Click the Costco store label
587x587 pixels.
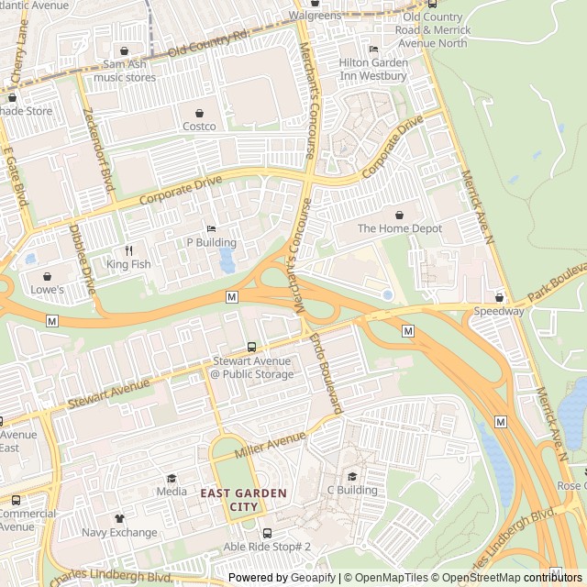tap(199, 127)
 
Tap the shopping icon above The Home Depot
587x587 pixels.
tap(400, 215)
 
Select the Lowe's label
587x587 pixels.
tap(47, 290)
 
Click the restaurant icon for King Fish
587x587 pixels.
tap(128, 250)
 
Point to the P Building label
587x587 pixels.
tap(211, 243)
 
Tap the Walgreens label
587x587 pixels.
tap(315, 16)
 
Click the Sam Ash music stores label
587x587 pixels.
tap(125, 64)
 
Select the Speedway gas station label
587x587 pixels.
tap(499, 311)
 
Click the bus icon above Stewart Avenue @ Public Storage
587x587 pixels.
tap(252, 347)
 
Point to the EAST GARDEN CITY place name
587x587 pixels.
tap(244, 500)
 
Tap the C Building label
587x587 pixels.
tap(352, 490)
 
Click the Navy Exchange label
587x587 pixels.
tap(119, 532)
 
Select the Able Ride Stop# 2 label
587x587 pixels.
tap(267, 547)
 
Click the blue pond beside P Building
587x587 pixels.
tap(227, 261)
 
